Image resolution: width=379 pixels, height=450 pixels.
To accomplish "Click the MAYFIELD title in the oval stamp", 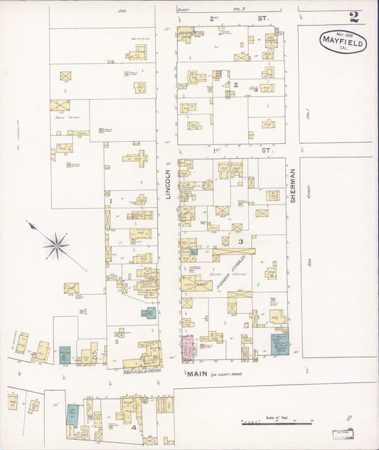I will (x=343, y=43).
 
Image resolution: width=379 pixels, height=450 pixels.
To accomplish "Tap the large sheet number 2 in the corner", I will (x=353, y=17).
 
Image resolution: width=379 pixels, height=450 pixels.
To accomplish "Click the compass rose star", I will (x=55, y=246).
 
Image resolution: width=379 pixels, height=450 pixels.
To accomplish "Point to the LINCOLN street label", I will (x=169, y=183).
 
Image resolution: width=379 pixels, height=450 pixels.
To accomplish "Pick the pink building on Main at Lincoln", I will (x=188, y=348).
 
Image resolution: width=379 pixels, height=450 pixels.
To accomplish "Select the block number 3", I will (x=241, y=242).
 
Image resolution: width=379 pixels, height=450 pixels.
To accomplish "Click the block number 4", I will (x=133, y=427).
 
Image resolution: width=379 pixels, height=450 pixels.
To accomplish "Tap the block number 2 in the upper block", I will (x=235, y=85).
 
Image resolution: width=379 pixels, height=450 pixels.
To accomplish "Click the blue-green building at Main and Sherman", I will (x=279, y=344).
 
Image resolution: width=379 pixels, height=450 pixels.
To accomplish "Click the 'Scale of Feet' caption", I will (x=269, y=417).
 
